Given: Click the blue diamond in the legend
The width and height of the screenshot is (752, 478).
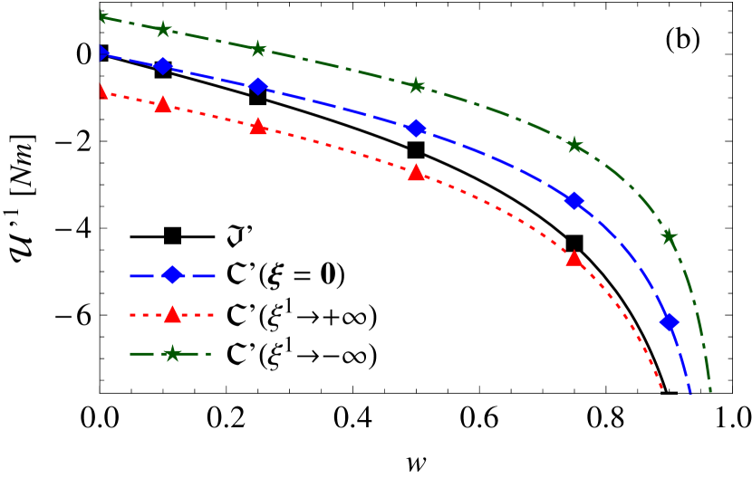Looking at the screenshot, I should (x=172, y=275).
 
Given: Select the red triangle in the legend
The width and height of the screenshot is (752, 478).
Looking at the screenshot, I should (x=172, y=315).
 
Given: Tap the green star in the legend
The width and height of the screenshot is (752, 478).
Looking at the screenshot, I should (x=172, y=354).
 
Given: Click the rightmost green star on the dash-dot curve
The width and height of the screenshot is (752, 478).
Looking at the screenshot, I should (x=669, y=236).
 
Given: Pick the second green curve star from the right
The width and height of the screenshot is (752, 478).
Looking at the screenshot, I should (x=574, y=145).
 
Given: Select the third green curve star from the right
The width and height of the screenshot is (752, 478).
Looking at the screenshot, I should (x=416, y=86).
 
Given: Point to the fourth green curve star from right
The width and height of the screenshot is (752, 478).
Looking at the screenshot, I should (x=258, y=49).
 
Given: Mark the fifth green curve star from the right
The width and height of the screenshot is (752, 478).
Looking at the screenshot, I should (x=163, y=30).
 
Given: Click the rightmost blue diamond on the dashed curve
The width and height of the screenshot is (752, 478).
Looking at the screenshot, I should (x=669, y=321).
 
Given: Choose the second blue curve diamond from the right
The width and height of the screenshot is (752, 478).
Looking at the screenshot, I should (x=574, y=200).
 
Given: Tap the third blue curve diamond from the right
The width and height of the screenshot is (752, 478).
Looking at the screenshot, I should (x=416, y=128).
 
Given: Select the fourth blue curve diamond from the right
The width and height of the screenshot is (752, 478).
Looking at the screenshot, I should (x=258, y=86).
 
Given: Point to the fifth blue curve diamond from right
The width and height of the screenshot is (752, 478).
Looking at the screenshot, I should (x=163, y=65).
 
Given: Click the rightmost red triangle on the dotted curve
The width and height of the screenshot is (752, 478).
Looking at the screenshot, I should (x=574, y=259).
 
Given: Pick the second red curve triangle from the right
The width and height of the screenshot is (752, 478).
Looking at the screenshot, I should (x=416, y=173).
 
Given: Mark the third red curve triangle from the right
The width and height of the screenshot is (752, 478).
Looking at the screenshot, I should (x=258, y=127).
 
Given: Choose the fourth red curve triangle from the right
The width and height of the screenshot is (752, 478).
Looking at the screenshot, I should (x=163, y=105).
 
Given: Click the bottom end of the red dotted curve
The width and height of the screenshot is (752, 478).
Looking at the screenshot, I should (x=662, y=390).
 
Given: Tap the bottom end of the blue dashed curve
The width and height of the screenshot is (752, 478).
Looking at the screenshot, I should (x=690, y=393).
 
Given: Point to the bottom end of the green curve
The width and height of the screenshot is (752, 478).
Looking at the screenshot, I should (x=710, y=392).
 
